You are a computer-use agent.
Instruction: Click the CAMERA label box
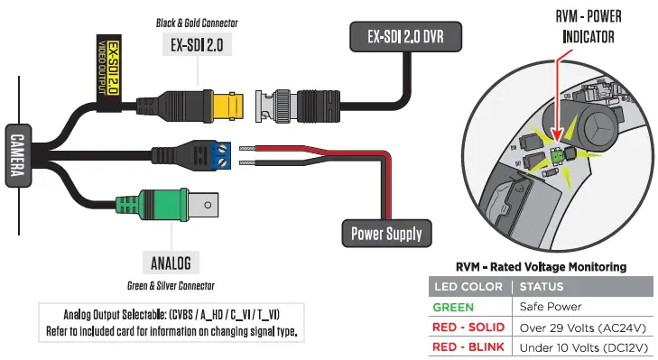16,158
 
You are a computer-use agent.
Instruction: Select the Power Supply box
386,234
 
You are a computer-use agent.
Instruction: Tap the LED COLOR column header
468,287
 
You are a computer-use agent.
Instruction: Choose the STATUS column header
542,287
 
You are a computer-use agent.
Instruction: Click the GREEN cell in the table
453,307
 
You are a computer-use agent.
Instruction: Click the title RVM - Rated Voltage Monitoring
541,266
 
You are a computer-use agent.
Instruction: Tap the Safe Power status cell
551,307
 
